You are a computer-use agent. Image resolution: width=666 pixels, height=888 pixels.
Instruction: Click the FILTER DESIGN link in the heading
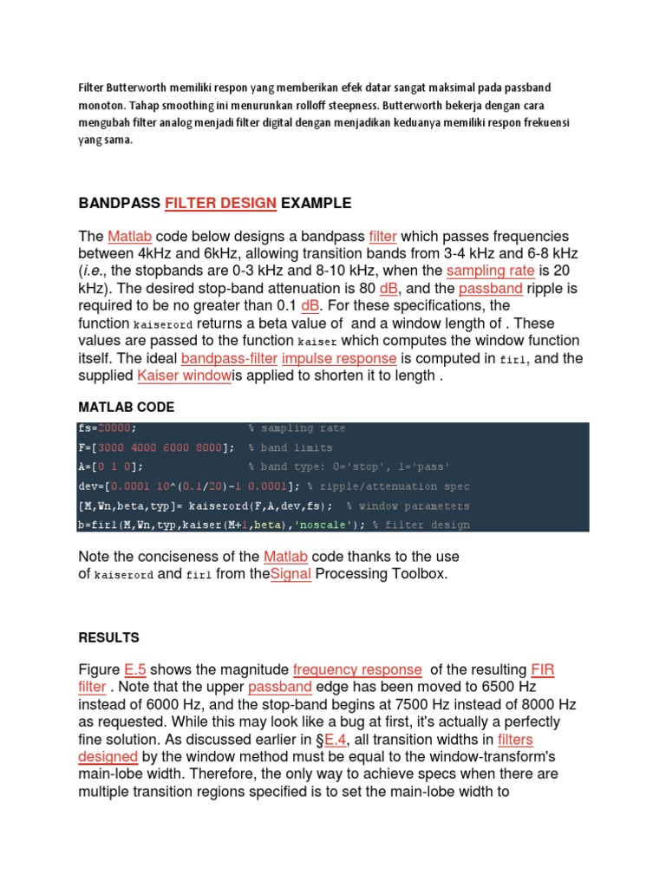point(221,204)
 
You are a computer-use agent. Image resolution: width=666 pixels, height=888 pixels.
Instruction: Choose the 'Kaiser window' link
point(184,375)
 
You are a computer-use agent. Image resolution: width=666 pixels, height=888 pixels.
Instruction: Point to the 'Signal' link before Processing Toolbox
point(291,573)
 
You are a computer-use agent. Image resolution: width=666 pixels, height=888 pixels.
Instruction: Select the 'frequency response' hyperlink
point(357,669)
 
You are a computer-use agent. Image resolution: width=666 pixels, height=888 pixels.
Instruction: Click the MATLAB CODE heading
point(127,407)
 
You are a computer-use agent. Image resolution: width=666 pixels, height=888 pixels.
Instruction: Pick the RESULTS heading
point(108,637)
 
